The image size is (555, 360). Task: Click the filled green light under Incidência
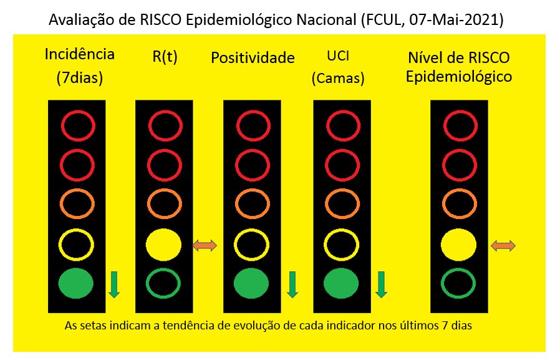click(76, 283)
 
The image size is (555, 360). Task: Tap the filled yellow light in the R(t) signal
click(163, 245)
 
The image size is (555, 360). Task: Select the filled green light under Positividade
click(251, 283)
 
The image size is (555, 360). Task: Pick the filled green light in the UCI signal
click(341, 283)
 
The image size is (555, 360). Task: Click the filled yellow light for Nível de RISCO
click(459, 245)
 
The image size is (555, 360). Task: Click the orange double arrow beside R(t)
click(205, 246)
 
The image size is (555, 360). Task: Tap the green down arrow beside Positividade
click(292, 284)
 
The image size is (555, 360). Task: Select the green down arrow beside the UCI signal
click(382, 284)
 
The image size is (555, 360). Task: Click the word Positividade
click(253, 58)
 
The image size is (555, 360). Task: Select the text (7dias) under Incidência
click(79, 78)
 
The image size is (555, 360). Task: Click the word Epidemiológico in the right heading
click(459, 77)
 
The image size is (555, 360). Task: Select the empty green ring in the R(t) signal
click(163, 283)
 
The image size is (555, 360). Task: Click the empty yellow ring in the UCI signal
click(341, 245)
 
